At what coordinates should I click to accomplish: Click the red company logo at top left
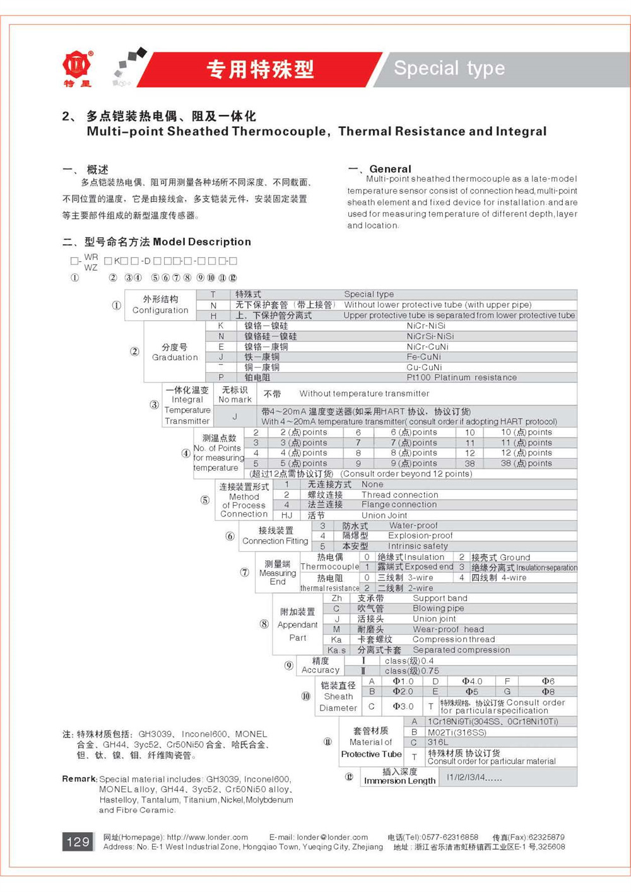click(x=77, y=65)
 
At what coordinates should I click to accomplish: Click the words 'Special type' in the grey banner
click(x=449, y=68)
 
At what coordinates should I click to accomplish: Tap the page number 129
click(x=78, y=842)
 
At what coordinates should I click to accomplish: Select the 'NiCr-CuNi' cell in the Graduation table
click(x=427, y=346)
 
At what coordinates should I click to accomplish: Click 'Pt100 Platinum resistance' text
click(x=461, y=377)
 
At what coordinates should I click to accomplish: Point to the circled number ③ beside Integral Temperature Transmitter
click(x=154, y=404)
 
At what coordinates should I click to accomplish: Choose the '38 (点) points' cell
click(x=526, y=463)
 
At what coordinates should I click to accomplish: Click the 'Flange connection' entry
click(x=399, y=505)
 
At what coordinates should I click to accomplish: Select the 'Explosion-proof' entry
click(x=420, y=536)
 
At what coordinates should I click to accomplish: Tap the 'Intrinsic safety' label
click(x=418, y=546)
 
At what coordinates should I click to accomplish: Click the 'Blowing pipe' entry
click(x=438, y=609)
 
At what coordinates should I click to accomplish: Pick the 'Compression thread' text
click(x=454, y=639)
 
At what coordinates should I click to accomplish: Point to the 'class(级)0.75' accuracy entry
click(x=411, y=671)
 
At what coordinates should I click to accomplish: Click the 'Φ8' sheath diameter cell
click(x=548, y=691)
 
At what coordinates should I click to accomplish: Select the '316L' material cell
click(x=438, y=742)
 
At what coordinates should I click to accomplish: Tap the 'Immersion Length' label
click(x=399, y=781)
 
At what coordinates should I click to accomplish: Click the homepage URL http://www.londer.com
click(x=207, y=837)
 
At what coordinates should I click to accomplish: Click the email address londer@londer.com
click(x=333, y=837)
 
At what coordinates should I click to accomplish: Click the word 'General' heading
click(x=390, y=169)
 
